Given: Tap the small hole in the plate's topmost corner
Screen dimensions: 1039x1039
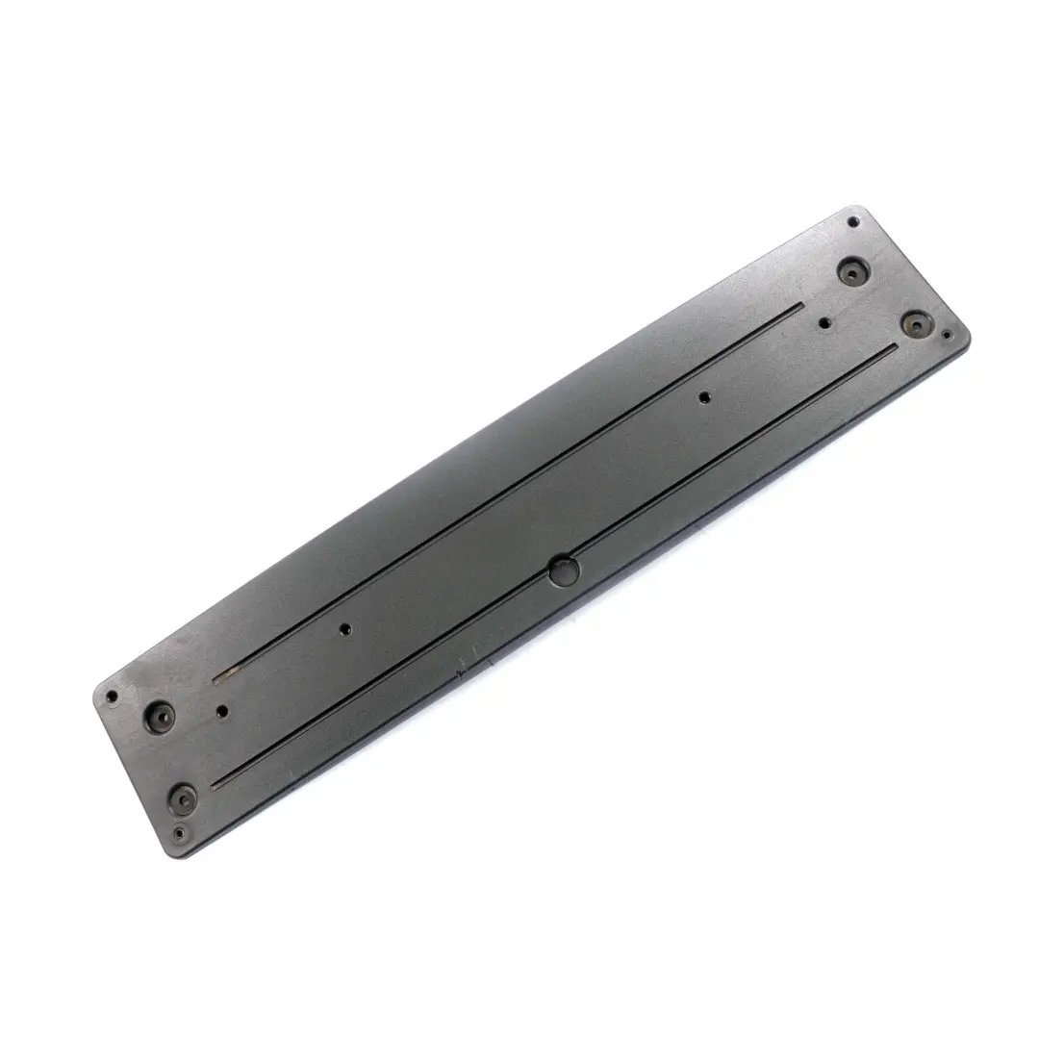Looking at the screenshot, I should point(853,222).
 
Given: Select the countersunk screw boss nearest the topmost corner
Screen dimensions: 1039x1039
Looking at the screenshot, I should point(850,270).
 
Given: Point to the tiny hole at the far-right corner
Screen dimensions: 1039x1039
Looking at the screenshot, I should point(947,336).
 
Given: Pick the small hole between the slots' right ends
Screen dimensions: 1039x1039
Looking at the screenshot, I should point(825,323).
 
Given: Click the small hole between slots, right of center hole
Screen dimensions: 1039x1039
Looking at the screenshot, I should point(705,395).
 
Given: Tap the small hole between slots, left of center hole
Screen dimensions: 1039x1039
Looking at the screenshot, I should point(346,629).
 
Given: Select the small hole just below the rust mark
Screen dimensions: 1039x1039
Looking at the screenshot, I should point(223,711).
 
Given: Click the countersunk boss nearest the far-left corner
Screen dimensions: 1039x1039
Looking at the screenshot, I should point(159,715).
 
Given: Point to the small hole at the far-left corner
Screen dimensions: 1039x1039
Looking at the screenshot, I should point(112,694).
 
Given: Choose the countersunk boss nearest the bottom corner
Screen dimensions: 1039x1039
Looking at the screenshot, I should point(183,797).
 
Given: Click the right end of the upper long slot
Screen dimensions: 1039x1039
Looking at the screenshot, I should point(799,308).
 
